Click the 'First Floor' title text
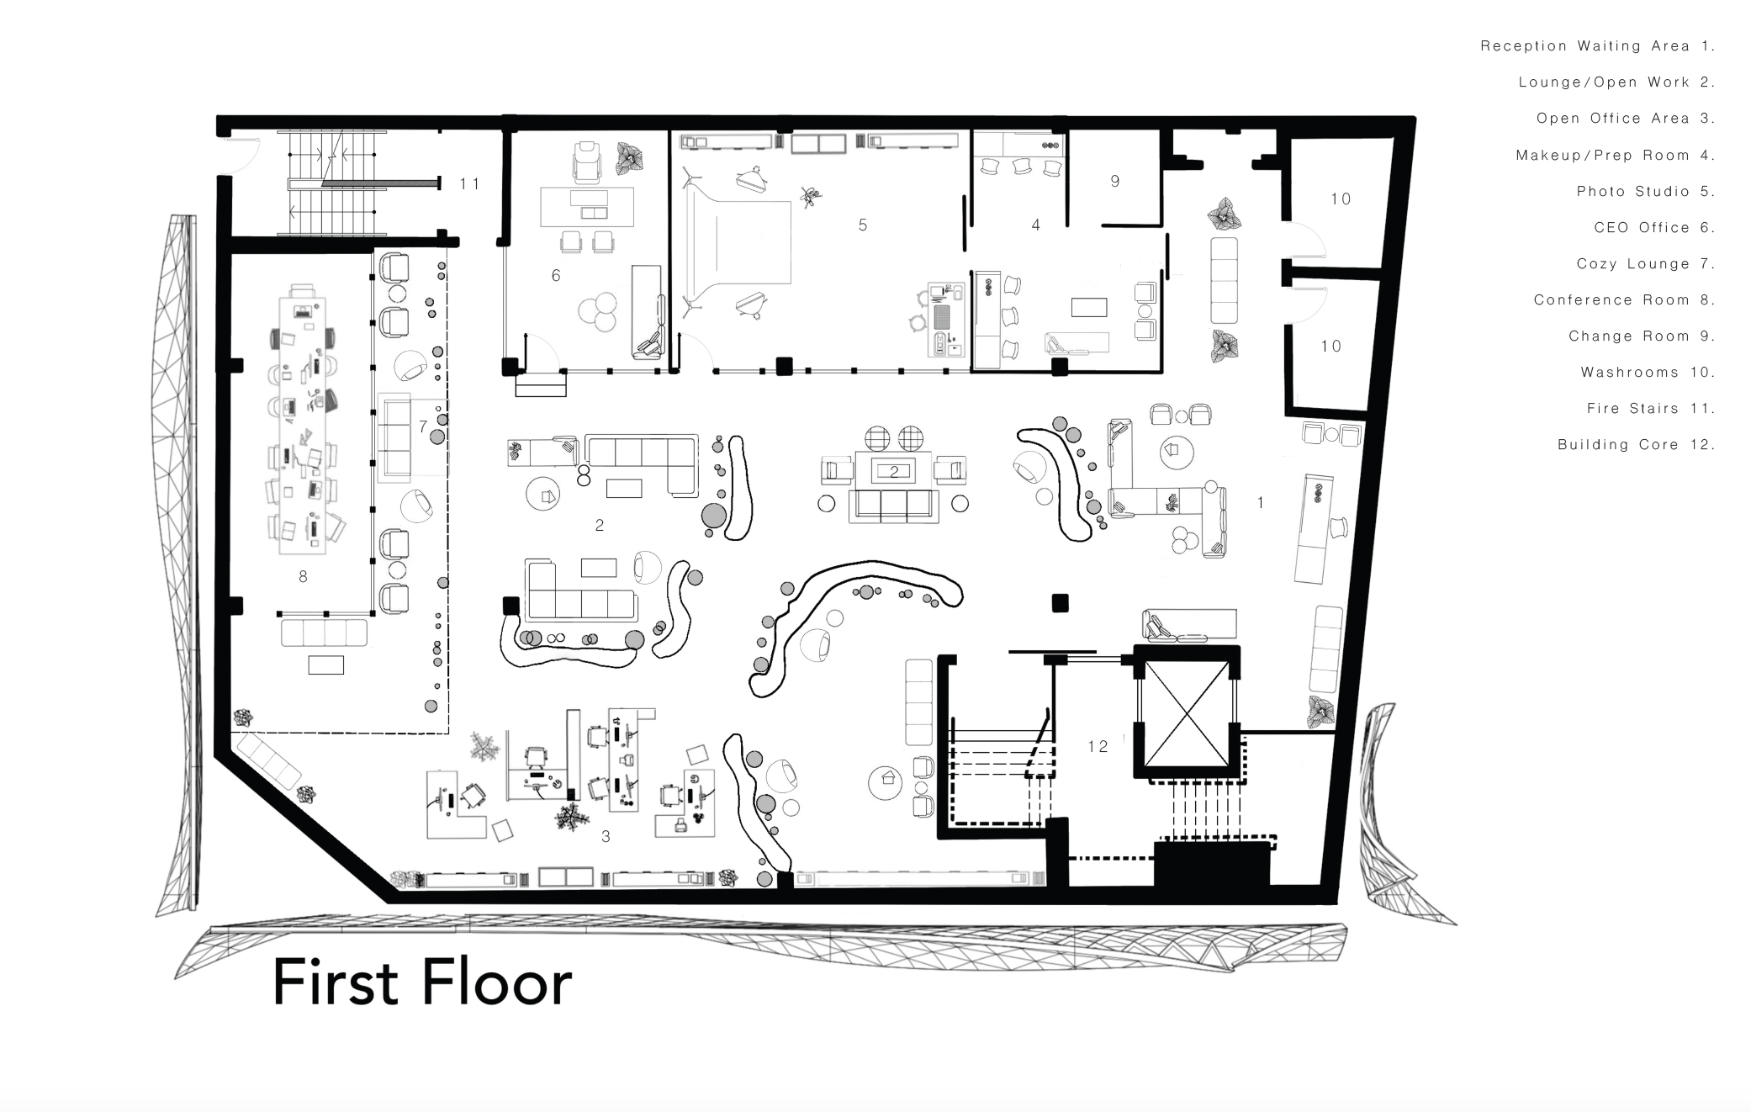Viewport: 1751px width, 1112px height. coord(422,982)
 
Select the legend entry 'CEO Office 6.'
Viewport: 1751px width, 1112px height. coord(1654,227)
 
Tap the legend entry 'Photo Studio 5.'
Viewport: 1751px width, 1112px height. coord(1646,191)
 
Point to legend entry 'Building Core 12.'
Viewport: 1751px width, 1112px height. coord(1636,444)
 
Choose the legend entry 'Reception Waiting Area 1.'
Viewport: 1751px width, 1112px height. coord(1598,46)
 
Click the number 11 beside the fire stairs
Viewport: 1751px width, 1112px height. coord(469,183)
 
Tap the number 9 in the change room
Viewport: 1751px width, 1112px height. coord(1115,181)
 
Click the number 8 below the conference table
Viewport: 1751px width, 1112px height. coord(303,576)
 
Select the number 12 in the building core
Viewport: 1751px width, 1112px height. coord(1098,746)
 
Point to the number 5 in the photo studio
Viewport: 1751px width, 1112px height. coord(863,225)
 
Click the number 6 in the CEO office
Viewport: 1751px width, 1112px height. coord(556,275)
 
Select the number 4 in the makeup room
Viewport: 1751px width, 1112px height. coord(1036,225)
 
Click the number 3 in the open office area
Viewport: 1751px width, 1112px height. coord(606,836)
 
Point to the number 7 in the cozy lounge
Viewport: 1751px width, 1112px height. coord(423,426)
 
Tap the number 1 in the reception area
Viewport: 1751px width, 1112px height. coord(1261,502)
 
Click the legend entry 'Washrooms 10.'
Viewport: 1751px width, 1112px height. coord(1648,372)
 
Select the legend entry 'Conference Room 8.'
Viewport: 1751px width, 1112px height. coord(1624,299)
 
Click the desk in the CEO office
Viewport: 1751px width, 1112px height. coord(587,207)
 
